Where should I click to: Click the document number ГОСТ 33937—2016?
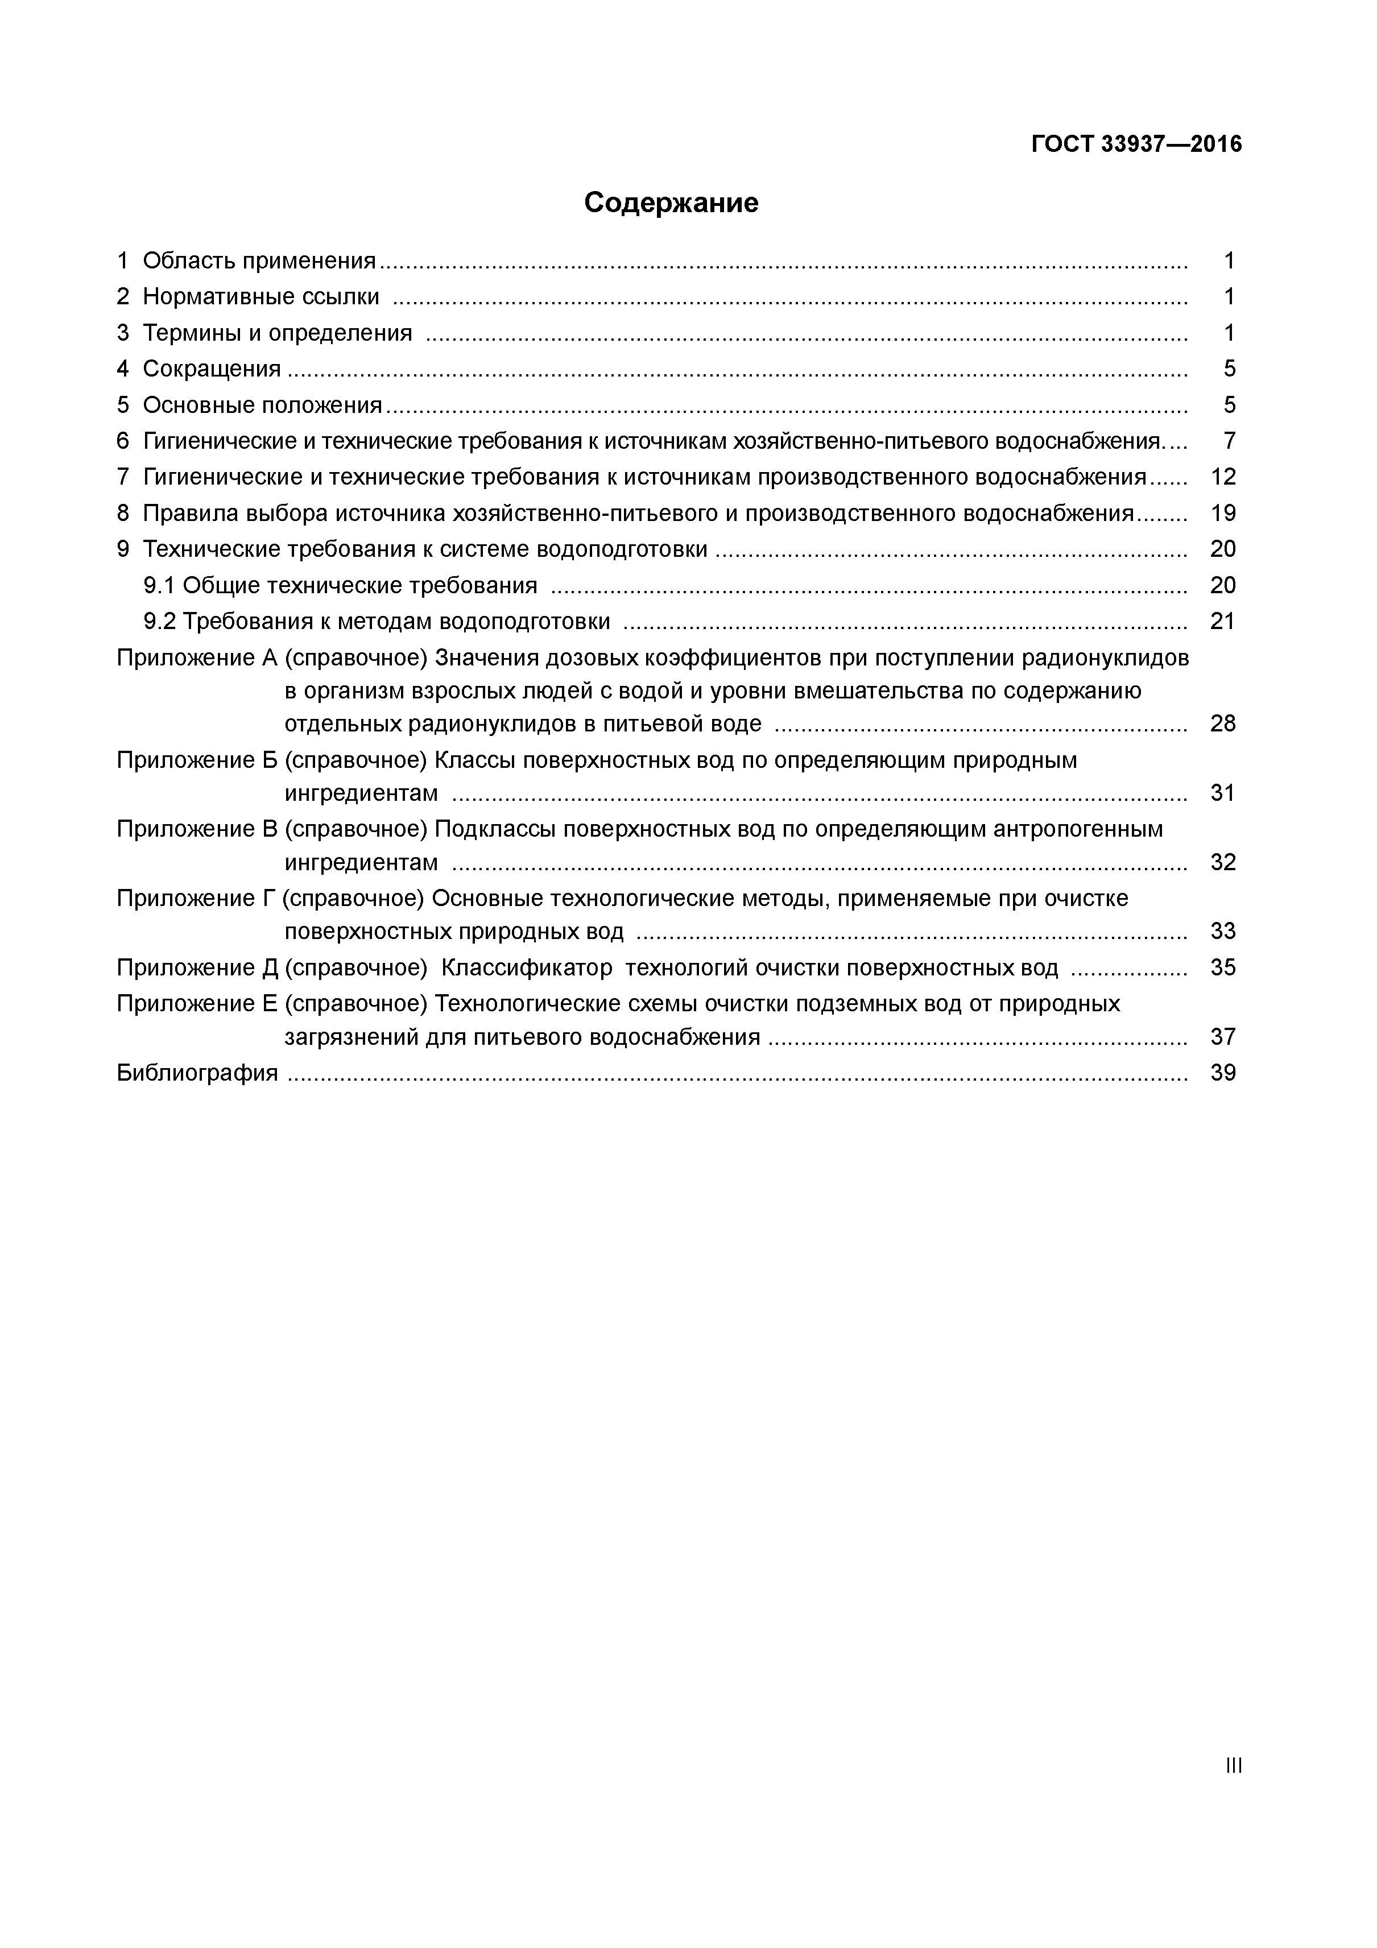(1135, 144)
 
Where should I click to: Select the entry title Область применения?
(259, 260)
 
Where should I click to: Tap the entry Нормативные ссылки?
(260, 296)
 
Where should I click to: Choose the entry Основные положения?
(262, 405)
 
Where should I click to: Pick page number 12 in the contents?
(1223, 477)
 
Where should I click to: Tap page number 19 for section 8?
(1223, 513)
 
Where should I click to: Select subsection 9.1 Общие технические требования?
(340, 585)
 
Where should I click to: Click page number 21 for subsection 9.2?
(1223, 622)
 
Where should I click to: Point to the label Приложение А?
(197, 657)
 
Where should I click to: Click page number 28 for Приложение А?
(1223, 723)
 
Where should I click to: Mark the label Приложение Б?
(197, 760)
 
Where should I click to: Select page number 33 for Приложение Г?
(1223, 932)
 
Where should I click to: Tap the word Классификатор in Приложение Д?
(527, 968)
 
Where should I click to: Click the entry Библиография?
(197, 1073)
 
